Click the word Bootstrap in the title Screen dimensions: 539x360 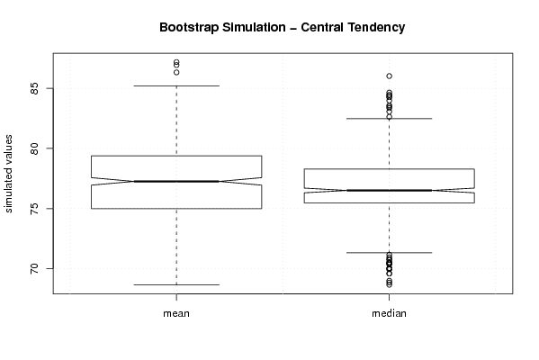click(188, 28)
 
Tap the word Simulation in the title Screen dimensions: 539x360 click(254, 27)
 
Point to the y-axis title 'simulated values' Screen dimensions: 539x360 click(8, 174)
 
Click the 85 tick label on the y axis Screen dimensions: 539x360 click(35, 89)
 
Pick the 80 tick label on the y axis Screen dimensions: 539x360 click(35, 148)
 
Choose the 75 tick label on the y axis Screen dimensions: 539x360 click(35, 209)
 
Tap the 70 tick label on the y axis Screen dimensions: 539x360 click(35, 268)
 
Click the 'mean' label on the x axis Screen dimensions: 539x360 click(176, 313)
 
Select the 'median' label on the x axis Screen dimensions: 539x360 click(389, 313)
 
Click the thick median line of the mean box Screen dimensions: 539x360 click(176, 181)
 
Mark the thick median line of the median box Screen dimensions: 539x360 click(389, 190)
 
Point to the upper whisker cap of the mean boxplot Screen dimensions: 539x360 click(176, 85)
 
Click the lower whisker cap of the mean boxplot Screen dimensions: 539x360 click(176, 284)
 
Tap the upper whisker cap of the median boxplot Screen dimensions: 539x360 click(389, 119)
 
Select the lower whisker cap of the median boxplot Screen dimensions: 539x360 click(389, 253)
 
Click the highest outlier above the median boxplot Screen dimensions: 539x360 click(389, 76)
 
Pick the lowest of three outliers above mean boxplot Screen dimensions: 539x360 click(176, 73)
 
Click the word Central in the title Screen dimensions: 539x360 click(322, 27)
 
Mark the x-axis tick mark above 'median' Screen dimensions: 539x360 click(389, 297)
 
